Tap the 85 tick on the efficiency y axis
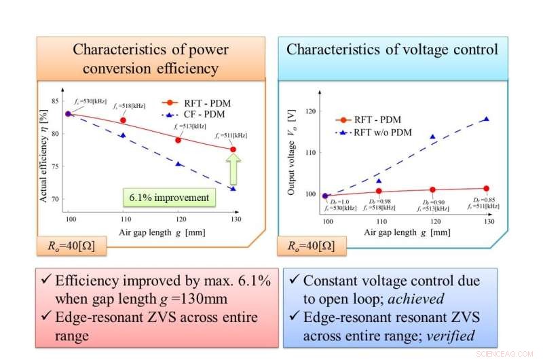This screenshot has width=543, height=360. (x=56, y=101)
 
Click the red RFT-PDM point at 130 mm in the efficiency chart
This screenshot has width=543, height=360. (x=233, y=149)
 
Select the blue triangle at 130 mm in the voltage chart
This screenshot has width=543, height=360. (x=486, y=119)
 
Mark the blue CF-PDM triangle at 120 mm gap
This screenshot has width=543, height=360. (x=179, y=164)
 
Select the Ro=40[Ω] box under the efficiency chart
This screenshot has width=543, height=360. (x=72, y=246)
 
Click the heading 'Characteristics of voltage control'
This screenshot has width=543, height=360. (x=392, y=50)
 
